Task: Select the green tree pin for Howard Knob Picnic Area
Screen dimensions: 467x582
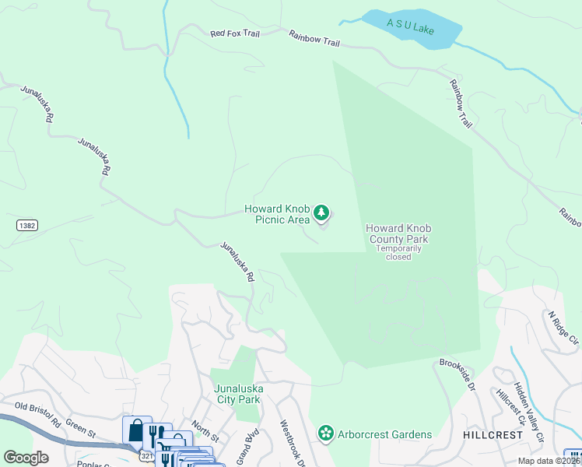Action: coord(321,212)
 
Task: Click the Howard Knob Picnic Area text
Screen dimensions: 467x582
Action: coord(276,214)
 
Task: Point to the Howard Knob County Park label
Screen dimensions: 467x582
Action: coord(398,233)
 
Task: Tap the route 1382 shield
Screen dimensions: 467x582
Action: coord(26,225)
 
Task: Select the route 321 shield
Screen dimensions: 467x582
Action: coord(147,452)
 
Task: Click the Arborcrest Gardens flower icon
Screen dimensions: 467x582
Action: coord(325,433)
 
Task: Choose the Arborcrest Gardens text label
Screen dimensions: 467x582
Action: coord(384,434)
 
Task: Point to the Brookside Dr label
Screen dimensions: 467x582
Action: coord(457,374)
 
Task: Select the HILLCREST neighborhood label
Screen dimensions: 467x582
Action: coord(493,435)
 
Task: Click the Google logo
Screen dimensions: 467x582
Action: coord(26,457)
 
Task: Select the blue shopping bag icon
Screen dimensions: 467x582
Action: coord(136,430)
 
